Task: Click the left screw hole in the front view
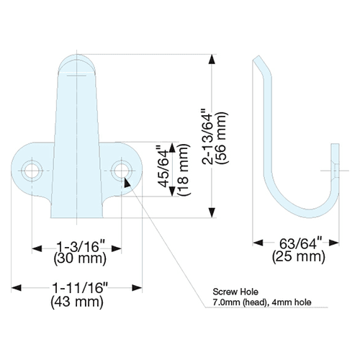32,171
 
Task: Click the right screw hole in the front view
122,171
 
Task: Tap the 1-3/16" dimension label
81,246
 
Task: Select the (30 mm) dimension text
80,258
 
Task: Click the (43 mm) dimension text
77,302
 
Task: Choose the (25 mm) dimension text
299,256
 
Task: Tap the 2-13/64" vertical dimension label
207,137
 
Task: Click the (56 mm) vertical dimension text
221,138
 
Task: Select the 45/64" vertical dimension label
163,166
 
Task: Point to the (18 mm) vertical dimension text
184,170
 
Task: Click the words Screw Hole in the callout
235,292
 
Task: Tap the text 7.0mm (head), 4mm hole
262,302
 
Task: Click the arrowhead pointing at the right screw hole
127,183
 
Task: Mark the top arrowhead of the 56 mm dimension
212,59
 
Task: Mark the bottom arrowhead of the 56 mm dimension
212,213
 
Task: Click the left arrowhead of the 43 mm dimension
17,288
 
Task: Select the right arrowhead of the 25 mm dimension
334,243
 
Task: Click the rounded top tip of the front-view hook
77,55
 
